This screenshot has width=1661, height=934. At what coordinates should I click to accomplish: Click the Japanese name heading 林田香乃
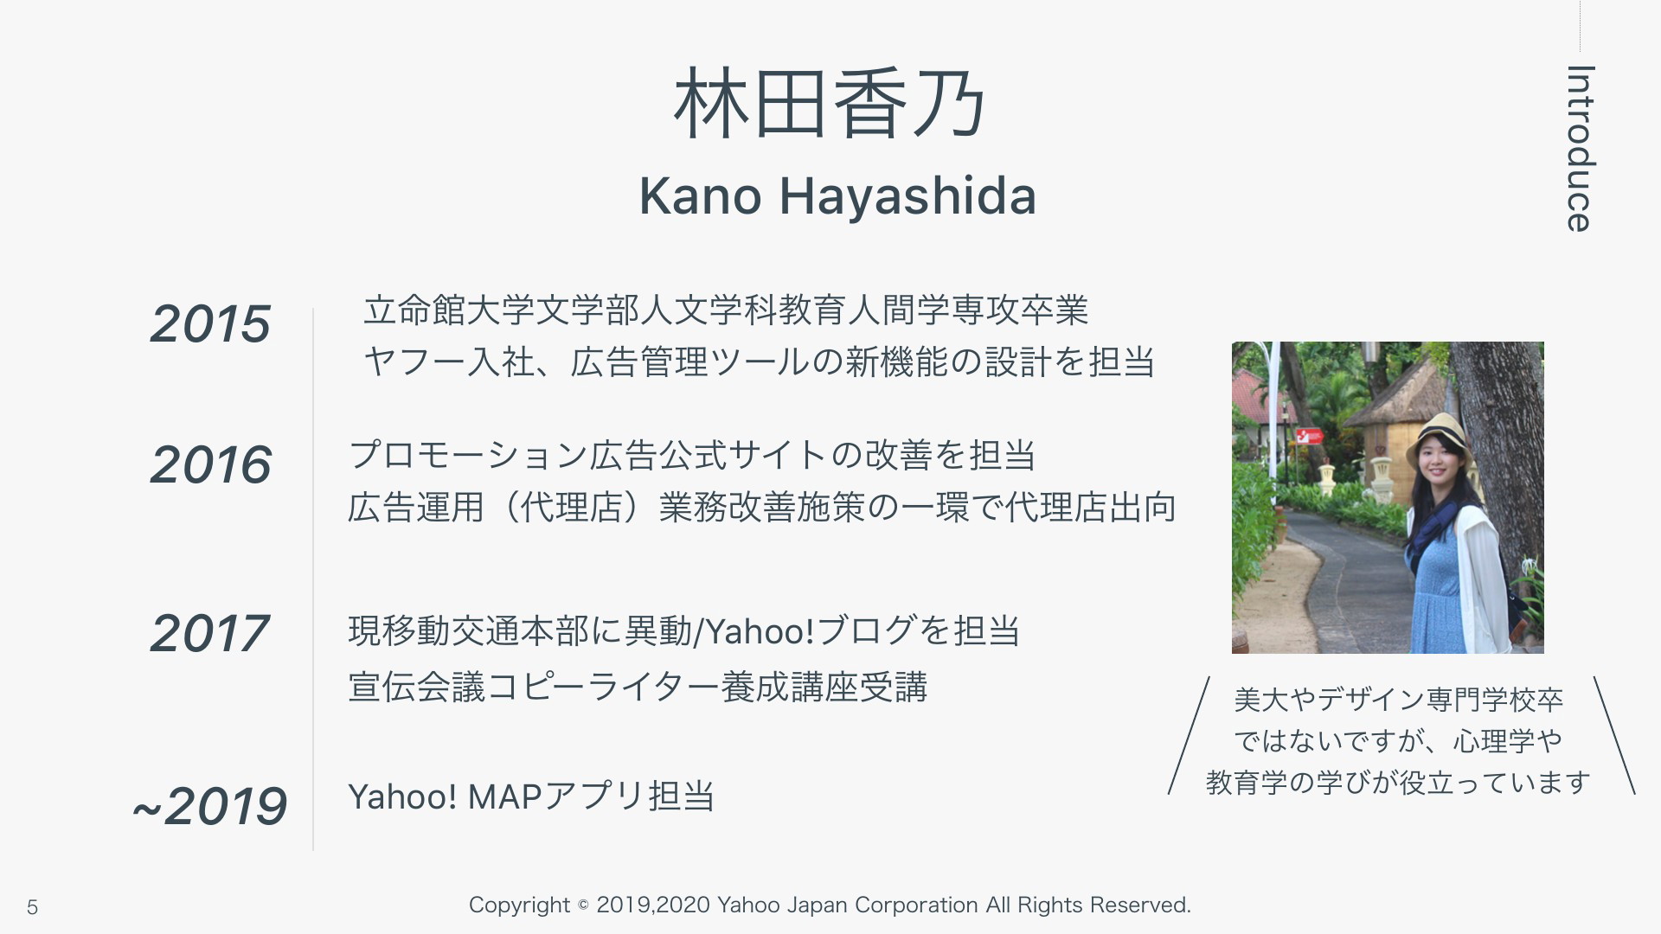(x=830, y=104)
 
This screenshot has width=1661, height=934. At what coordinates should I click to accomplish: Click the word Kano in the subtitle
(x=700, y=195)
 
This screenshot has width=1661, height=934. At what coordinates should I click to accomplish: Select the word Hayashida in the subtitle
(x=907, y=195)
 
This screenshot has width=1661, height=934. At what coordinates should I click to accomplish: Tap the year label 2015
(x=210, y=324)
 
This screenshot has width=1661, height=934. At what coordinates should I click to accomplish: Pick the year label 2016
(x=210, y=464)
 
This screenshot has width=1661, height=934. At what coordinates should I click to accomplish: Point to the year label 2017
(x=209, y=633)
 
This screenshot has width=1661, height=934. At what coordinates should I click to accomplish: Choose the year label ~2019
(x=209, y=806)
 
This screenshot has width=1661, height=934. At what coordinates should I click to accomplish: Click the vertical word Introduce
(x=1581, y=149)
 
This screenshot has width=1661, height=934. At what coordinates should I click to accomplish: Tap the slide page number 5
(x=32, y=907)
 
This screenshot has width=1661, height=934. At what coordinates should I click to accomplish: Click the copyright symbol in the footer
(x=583, y=905)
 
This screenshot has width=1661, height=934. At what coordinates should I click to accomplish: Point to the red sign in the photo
(x=1309, y=436)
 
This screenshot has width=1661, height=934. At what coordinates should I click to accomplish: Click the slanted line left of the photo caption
(x=1189, y=735)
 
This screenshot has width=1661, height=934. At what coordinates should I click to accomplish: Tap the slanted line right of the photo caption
(x=1614, y=735)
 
